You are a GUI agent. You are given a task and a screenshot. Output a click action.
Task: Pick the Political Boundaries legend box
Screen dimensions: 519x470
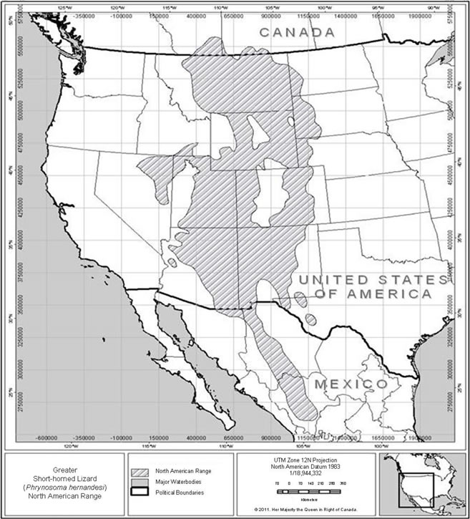pyautogui.click(x=142, y=493)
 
